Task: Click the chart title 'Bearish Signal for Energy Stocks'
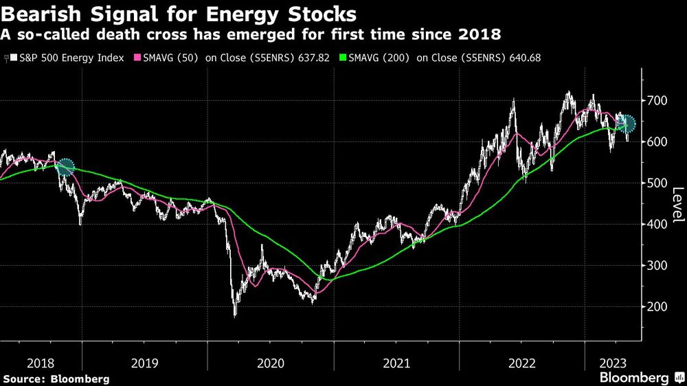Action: point(179,14)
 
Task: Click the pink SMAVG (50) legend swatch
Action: point(135,58)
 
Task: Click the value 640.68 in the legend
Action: point(524,58)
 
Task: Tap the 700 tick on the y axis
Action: point(657,101)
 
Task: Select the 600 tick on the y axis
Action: point(657,142)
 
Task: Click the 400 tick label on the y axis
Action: point(657,225)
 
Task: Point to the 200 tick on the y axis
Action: point(657,307)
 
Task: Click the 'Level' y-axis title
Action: point(677,205)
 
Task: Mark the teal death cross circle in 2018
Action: point(65,166)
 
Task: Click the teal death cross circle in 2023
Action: point(626,124)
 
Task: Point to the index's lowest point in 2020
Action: point(235,315)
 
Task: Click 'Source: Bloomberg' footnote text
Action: point(56,378)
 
